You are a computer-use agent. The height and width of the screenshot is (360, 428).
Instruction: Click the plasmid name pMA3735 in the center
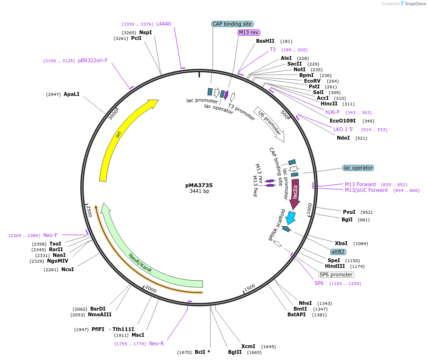tap(199, 185)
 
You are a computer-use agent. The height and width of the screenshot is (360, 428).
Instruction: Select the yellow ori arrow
tap(119, 135)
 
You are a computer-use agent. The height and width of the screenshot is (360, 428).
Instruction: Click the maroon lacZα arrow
tap(295, 192)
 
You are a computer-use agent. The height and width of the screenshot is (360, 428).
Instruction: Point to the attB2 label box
tap(338, 252)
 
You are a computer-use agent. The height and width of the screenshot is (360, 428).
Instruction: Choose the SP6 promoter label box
tap(336, 275)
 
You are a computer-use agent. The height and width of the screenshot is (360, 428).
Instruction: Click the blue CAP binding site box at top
tap(232, 24)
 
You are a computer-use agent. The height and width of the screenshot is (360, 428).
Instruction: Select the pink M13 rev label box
tap(249, 32)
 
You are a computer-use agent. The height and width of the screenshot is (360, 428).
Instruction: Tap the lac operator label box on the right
tap(358, 168)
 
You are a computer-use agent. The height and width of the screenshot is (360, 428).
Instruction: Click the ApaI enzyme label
tap(71, 94)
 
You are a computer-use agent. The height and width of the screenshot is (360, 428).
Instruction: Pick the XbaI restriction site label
tap(341, 243)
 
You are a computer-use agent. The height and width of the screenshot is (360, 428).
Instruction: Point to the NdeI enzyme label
tap(343, 138)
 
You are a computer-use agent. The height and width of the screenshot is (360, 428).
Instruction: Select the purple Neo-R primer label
tap(156, 343)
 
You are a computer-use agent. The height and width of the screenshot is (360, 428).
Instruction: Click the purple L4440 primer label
tap(163, 24)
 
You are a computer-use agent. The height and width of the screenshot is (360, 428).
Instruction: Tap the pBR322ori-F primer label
tap(93, 60)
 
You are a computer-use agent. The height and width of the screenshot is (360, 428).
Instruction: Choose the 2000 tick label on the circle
tap(150, 289)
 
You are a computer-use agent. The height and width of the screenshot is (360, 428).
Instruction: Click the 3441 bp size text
tap(199, 191)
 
